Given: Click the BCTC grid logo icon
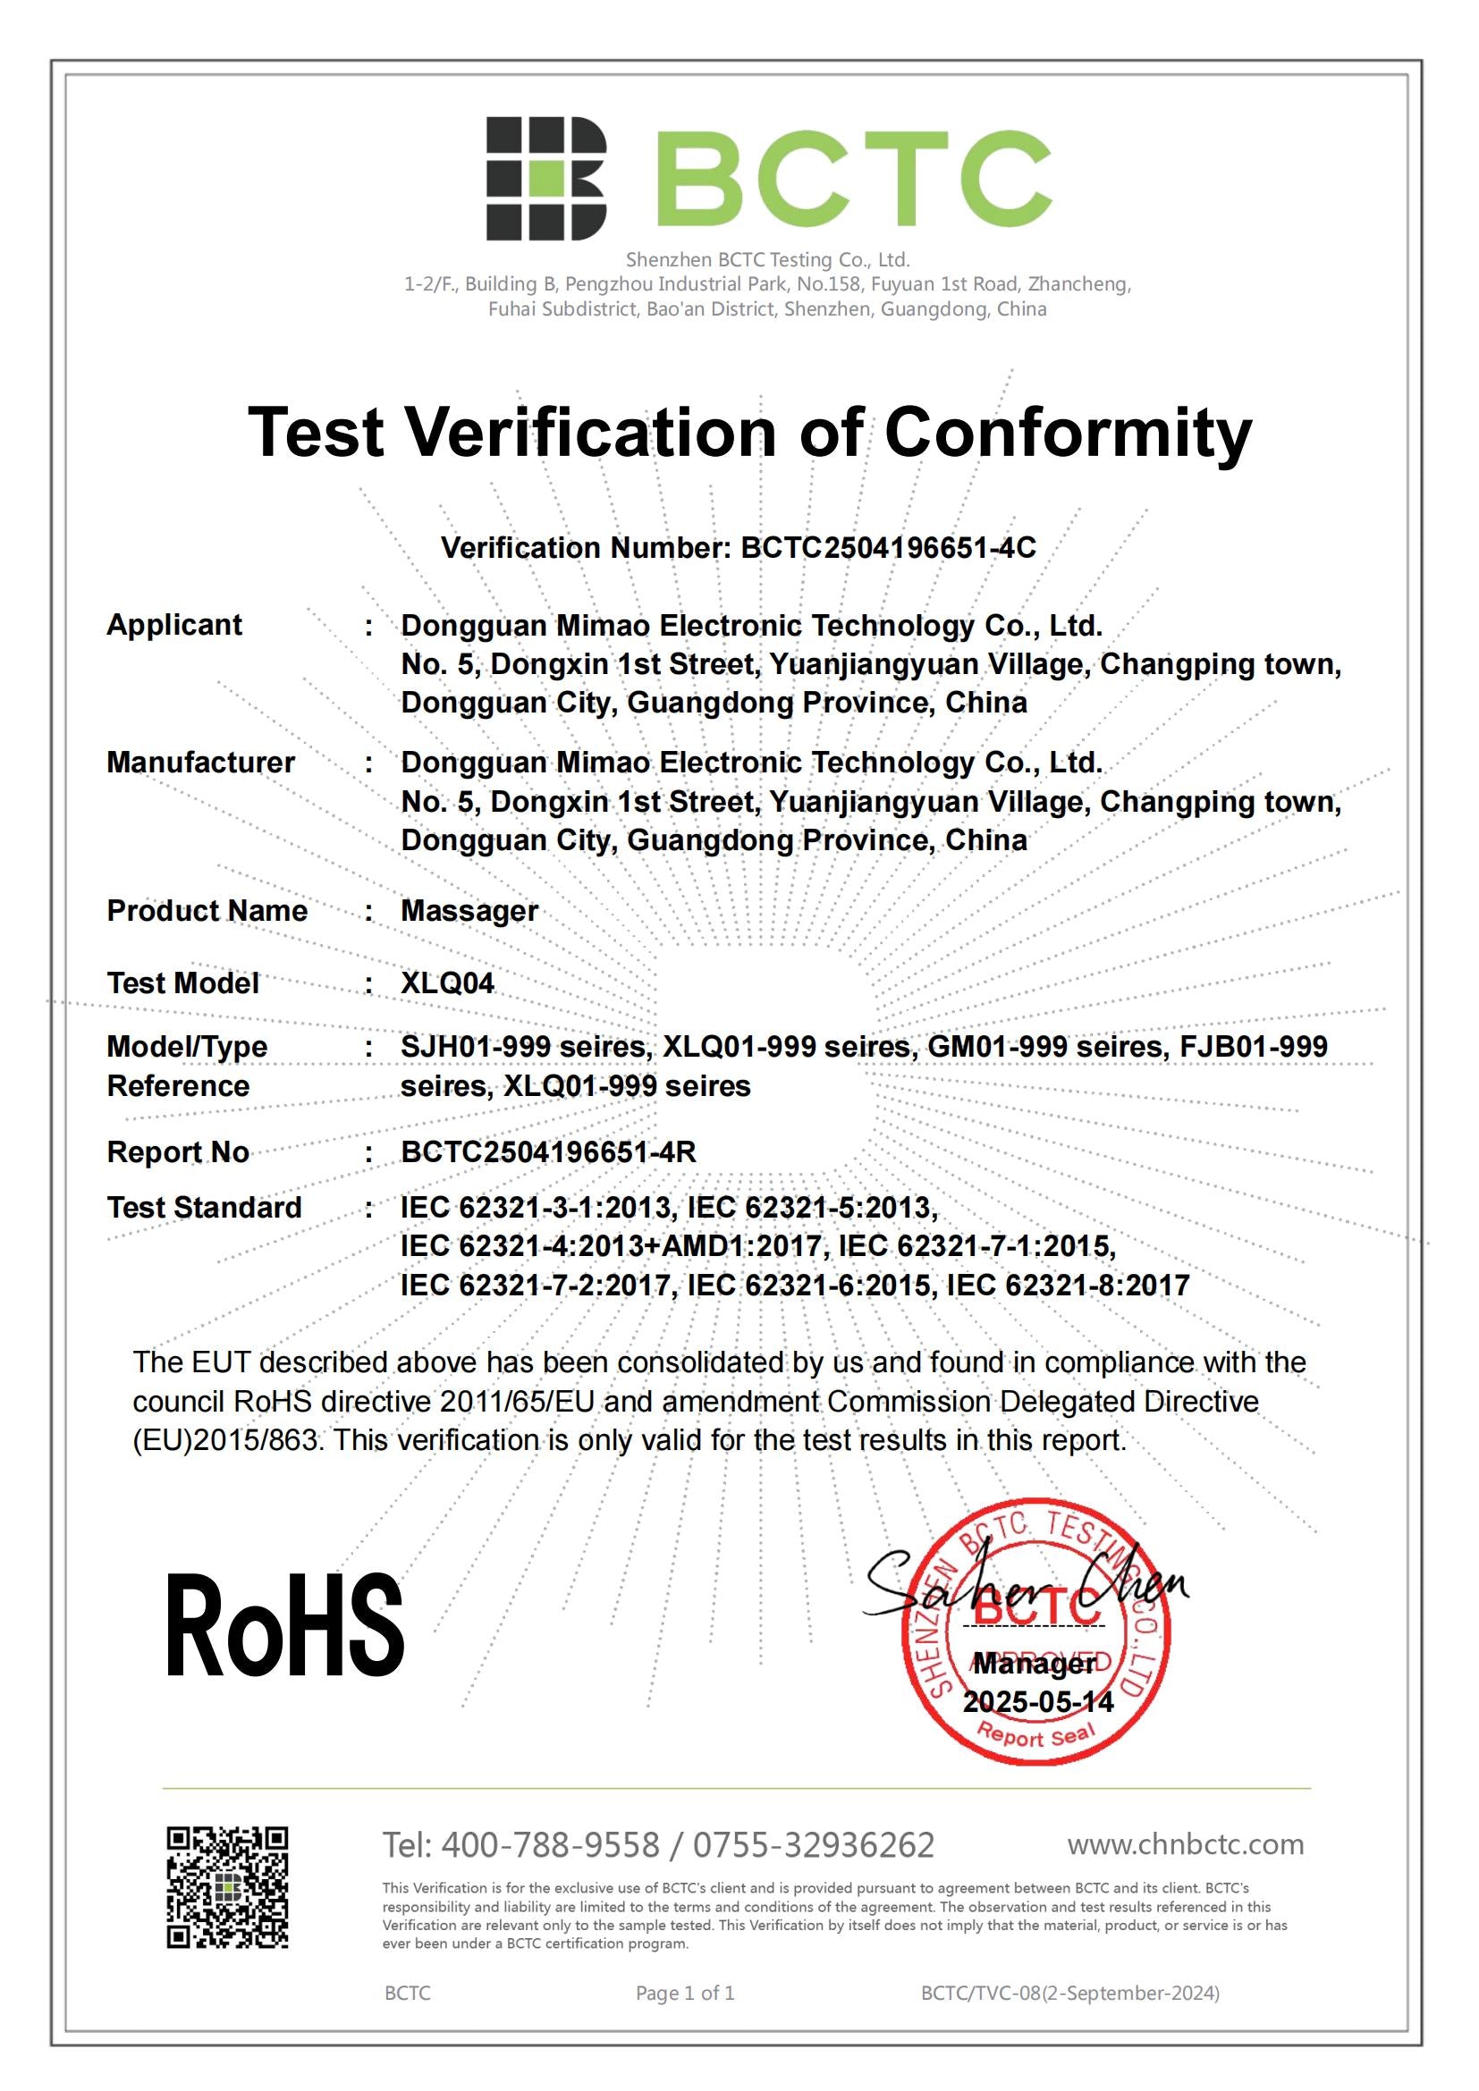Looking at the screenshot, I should coord(545,179).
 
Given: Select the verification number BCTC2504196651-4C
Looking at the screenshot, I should coord(888,547).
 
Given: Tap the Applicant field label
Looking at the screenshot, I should coord(174,625).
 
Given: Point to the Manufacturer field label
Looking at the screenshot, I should coord(200,763).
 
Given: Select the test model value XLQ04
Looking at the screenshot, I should coord(447,983).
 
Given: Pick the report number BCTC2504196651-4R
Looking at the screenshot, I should coord(548,1152).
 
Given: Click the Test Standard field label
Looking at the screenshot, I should coord(204,1208).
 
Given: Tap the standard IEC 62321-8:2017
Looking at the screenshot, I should coord(1069,1285).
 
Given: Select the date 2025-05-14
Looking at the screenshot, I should coord(1038,1702).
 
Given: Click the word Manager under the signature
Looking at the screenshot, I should coord(1035,1664).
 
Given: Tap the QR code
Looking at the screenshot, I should coord(228,1887).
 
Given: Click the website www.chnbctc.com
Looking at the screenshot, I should coord(1185,1844).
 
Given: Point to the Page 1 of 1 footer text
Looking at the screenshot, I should coord(685,1993).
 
